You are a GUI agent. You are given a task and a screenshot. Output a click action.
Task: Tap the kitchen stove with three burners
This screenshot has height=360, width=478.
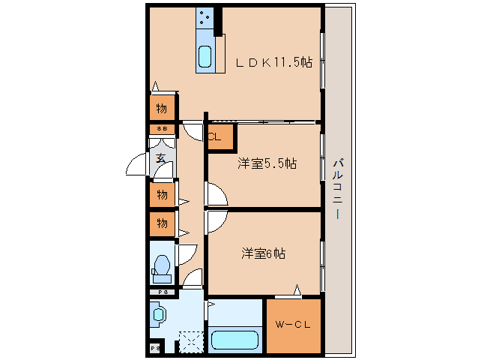205,19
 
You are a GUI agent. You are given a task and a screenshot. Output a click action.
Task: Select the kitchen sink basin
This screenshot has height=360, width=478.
205,56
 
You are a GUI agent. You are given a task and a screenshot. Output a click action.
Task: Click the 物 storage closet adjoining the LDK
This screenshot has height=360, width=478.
162,108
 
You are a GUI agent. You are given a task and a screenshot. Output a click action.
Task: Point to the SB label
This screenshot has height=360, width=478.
162,129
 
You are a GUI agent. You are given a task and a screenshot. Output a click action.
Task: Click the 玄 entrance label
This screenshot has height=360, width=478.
162,158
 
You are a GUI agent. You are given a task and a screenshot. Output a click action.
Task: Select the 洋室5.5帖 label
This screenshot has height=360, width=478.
267,163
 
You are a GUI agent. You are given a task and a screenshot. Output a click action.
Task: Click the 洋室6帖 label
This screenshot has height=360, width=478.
263,253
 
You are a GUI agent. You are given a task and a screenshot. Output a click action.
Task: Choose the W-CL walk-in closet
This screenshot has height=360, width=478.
294,325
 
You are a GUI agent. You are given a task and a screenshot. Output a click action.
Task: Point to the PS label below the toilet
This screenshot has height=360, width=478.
161,291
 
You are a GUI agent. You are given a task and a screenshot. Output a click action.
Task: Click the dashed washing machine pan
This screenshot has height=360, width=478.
190,343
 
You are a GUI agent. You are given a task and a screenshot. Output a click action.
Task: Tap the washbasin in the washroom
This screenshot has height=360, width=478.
159,314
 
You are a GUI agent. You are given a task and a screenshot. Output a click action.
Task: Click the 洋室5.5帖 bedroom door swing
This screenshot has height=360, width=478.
216,195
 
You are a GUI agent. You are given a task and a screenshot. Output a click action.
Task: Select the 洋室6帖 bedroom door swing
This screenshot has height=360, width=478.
216,222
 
